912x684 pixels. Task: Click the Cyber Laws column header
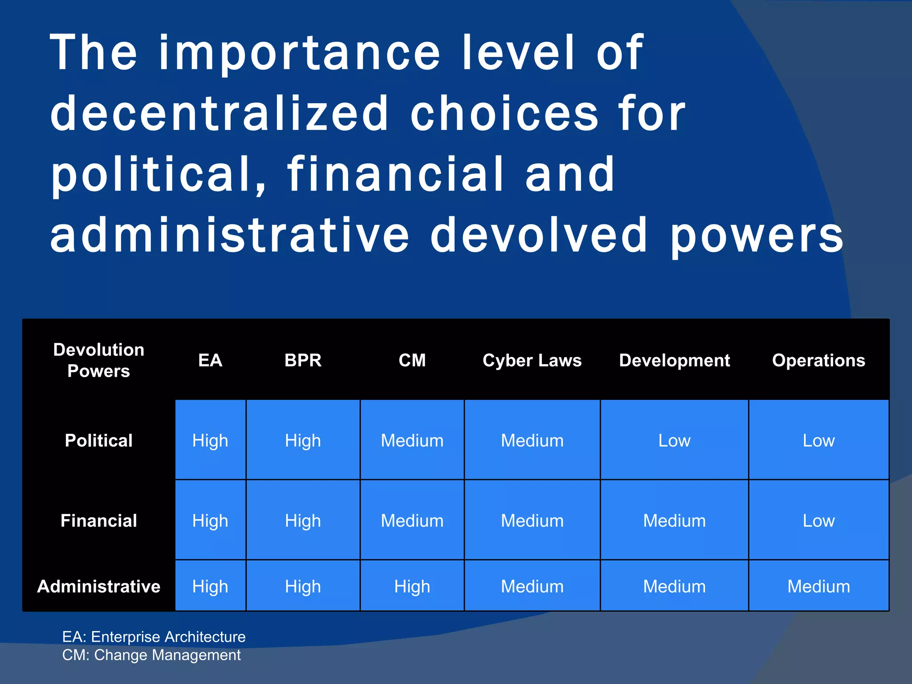(x=532, y=360)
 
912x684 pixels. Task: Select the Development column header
(x=674, y=360)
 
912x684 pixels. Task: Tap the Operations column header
(x=818, y=360)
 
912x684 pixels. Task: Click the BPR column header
(x=303, y=360)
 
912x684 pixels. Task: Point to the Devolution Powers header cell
(x=98, y=360)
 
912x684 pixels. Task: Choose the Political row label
(x=98, y=440)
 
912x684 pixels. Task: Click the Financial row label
(x=98, y=521)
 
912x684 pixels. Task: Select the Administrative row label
(x=98, y=586)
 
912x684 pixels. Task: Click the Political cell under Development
(x=674, y=440)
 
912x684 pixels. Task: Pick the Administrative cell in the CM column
(x=412, y=586)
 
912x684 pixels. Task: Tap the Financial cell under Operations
(x=818, y=521)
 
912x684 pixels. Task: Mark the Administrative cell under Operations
(x=818, y=586)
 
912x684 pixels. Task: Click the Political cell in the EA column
(x=210, y=440)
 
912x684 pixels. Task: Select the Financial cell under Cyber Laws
(x=532, y=521)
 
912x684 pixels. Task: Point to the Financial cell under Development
(x=674, y=521)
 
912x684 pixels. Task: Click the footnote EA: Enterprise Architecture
(x=154, y=637)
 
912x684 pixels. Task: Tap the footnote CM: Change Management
(x=151, y=655)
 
